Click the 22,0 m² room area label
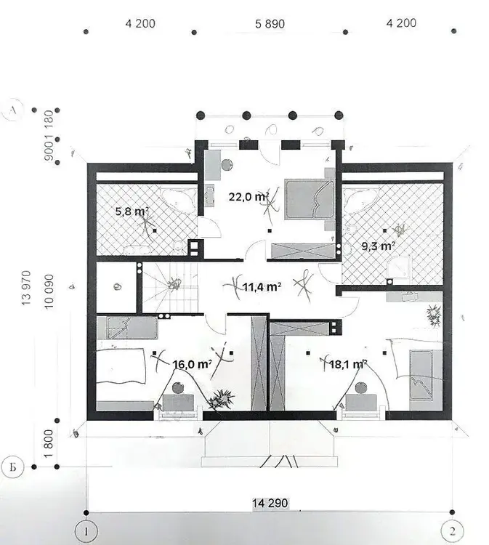[248, 197]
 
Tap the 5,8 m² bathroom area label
[132, 211]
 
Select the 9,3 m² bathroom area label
[378, 246]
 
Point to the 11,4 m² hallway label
[262, 287]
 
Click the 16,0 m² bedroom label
[193, 364]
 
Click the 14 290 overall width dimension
[270, 503]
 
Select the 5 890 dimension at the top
[270, 24]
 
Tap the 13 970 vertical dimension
[26, 288]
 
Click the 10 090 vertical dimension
[49, 291]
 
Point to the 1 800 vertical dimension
[49, 443]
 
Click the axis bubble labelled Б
[12, 467]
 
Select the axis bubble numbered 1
[86, 531]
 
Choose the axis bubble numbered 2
[452, 531]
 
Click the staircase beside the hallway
[170, 287]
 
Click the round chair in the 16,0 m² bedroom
[178, 387]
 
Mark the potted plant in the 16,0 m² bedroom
[220, 400]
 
